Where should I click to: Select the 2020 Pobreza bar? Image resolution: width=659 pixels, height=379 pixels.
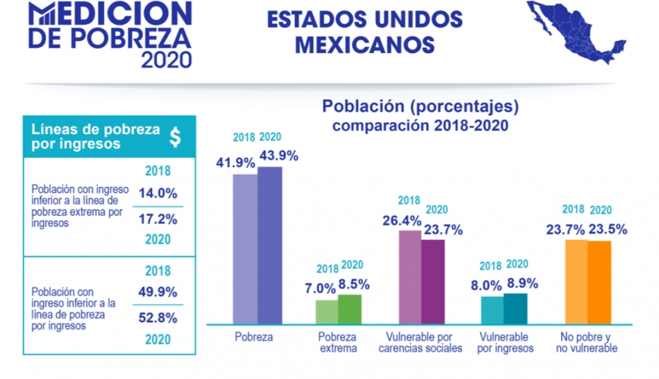270,245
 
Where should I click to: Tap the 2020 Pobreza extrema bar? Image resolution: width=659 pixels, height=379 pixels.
350,309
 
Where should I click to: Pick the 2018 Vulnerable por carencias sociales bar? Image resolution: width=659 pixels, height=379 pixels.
410,276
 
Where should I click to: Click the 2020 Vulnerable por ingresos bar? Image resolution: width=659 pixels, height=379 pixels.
515,308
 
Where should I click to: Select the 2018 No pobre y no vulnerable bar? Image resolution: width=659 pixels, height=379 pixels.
576,282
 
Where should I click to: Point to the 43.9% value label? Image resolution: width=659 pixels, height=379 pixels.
279,156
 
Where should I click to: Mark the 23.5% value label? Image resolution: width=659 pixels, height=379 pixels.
607,230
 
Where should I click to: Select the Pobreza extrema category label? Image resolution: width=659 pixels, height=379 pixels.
337,342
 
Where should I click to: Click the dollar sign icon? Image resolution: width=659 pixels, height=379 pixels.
174,136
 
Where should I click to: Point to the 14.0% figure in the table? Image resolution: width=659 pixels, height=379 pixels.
157,192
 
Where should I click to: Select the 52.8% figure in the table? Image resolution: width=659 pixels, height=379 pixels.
157,317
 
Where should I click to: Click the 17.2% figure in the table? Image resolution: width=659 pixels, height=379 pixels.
157,219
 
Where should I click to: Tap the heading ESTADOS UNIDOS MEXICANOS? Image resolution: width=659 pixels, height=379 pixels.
365,32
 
